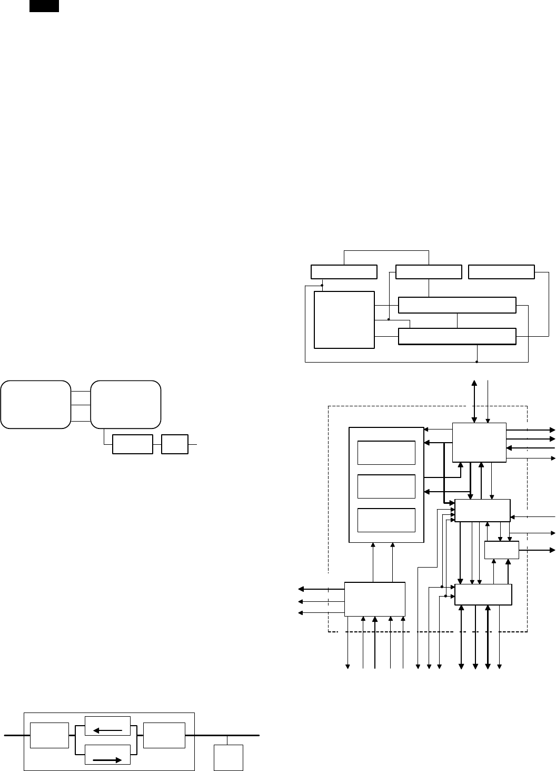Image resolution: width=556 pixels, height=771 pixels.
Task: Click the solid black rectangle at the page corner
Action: pyautogui.click(x=44, y=6)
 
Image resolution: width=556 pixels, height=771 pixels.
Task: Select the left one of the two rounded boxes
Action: pyautogui.click(x=36, y=404)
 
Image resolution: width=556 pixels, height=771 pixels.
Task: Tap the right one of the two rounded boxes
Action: pyautogui.click(x=126, y=404)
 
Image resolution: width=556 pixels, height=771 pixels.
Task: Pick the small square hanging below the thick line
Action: pyautogui.click(x=229, y=758)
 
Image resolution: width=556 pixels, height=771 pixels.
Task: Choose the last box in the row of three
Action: pyautogui.click(x=501, y=272)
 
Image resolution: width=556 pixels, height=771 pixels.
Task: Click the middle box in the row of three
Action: pyautogui.click(x=429, y=272)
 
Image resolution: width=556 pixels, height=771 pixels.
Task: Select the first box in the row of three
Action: pyautogui.click(x=344, y=272)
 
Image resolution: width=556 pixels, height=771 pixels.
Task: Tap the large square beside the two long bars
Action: pyautogui.click(x=344, y=319)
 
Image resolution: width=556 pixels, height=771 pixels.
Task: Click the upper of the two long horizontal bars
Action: pyautogui.click(x=457, y=305)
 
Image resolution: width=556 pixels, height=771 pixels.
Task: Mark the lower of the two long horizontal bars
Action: pyautogui.click(x=457, y=336)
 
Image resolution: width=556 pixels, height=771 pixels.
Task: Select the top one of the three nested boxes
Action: pyautogui.click(x=386, y=453)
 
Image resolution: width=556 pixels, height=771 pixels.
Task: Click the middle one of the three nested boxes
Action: pyautogui.click(x=386, y=486)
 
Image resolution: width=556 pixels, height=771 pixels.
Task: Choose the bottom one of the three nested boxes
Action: pyautogui.click(x=386, y=520)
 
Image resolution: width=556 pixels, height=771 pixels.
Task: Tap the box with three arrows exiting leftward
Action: pyautogui.click(x=375, y=599)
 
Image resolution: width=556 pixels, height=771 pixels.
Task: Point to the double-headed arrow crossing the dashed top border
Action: pyautogui.click(x=475, y=401)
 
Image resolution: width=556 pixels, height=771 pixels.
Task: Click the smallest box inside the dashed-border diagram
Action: pyautogui.click(x=501, y=551)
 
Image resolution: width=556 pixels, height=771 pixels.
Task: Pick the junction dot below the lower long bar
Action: pyautogui.click(x=476, y=362)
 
